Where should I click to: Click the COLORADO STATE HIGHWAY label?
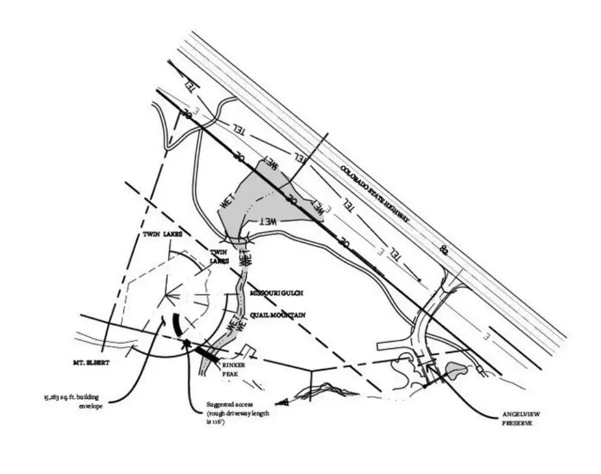point(376,196)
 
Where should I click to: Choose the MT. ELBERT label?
point(91,364)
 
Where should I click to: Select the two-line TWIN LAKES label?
point(219,257)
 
